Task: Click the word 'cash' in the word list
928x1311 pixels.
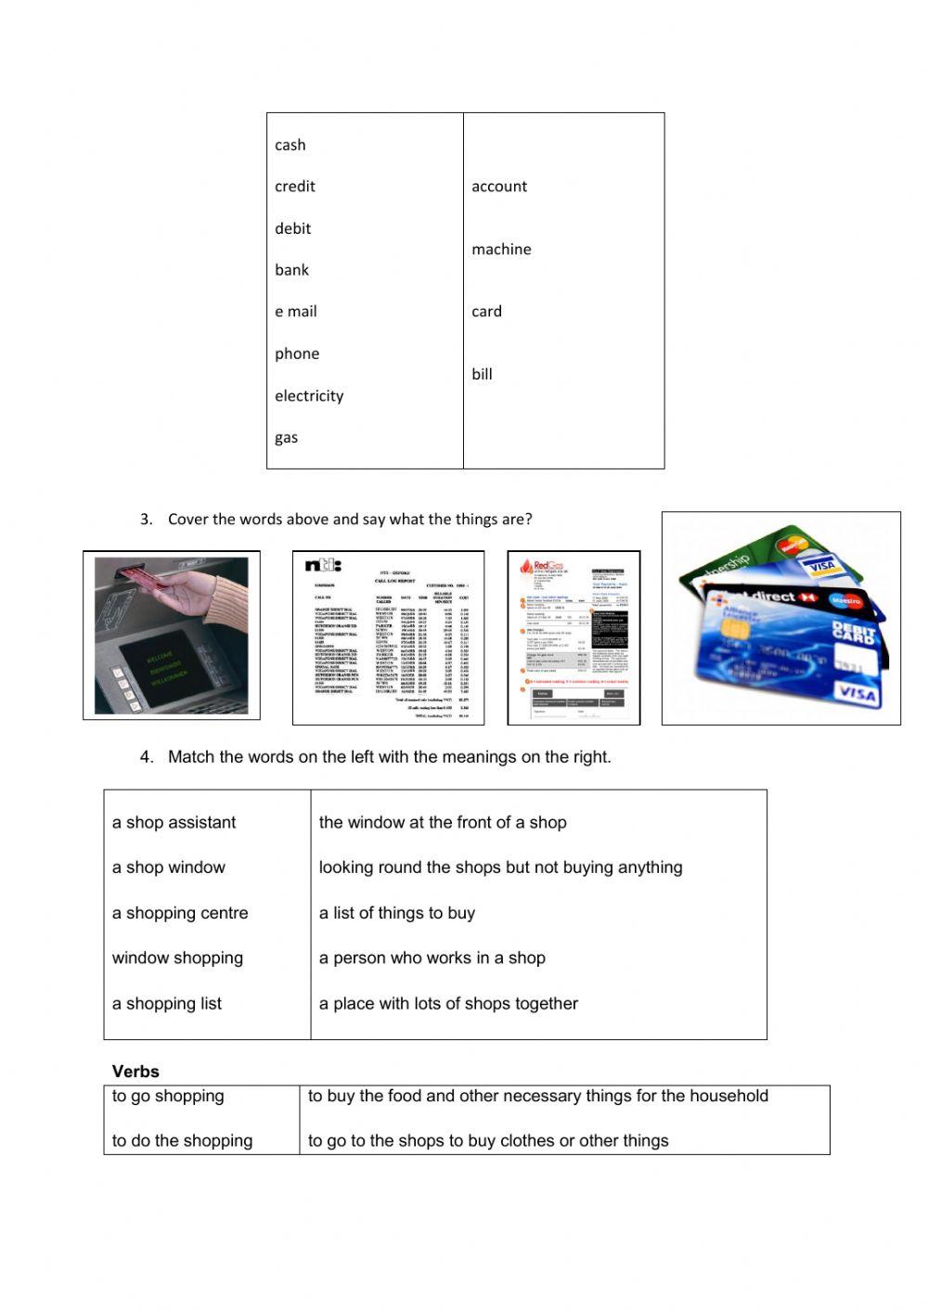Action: point(290,145)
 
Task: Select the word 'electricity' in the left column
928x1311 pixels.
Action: point(309,396)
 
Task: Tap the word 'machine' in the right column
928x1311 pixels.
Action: point(501,250)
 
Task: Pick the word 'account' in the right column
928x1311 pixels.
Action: point(498,186)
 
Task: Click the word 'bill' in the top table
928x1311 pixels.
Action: point(482,375)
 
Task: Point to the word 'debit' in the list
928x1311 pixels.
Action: point(292,229)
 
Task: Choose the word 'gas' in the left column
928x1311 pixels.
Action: point(286,438)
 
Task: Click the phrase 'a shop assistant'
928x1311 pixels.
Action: point(174,823)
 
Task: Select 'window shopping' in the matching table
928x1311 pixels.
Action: point(177,958)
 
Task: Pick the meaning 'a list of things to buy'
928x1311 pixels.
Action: point(396,913)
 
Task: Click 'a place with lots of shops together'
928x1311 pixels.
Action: point(448,1004)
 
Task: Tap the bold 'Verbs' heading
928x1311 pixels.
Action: point(135,1072)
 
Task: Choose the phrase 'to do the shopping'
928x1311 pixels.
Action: point(182,1141)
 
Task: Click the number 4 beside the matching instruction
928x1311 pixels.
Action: point(146,757)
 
